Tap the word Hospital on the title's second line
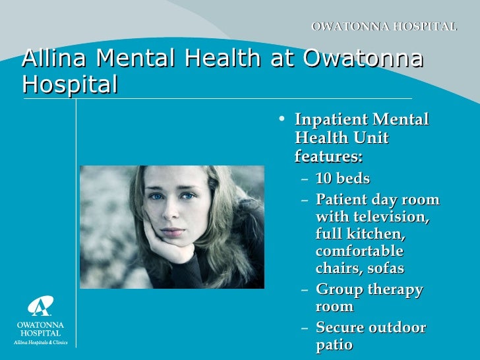[70, 84]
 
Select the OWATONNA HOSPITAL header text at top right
[384, 27]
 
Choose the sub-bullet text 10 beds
[342, 179]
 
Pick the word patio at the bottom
[334, 345]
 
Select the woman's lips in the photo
[173, 231]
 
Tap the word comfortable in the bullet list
[359, 252]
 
